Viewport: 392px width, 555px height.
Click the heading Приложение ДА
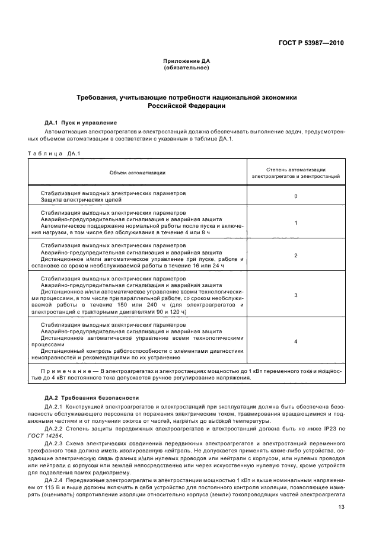click(x=186, y=61)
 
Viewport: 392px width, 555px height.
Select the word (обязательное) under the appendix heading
click(x=186, y=68)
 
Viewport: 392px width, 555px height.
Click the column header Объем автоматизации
click(x=137, y=173)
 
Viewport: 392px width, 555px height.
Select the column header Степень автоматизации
click(x=296, y=169)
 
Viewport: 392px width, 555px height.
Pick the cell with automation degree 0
click(x=296, y=196)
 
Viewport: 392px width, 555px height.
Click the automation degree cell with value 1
click(x=296, y=223)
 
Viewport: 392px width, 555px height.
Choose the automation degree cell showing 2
click(x=296, y=255)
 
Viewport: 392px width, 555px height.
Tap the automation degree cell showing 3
click(x=296, y=295)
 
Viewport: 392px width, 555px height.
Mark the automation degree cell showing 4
click(x=296, y=342)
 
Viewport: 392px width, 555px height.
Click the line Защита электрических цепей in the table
click(x=74, y=200)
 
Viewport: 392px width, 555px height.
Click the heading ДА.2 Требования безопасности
click(x=91, y=397)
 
